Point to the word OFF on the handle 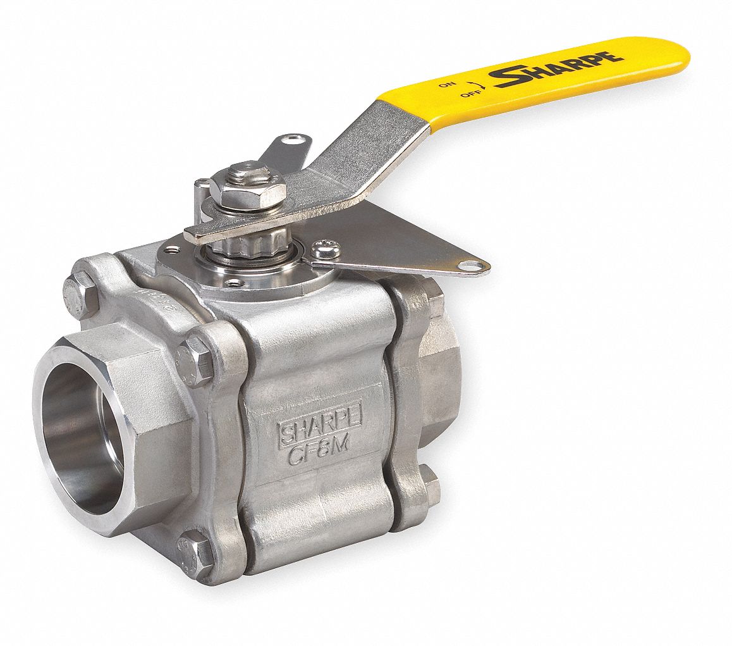coord(468,94)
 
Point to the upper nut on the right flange coord(434,297)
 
